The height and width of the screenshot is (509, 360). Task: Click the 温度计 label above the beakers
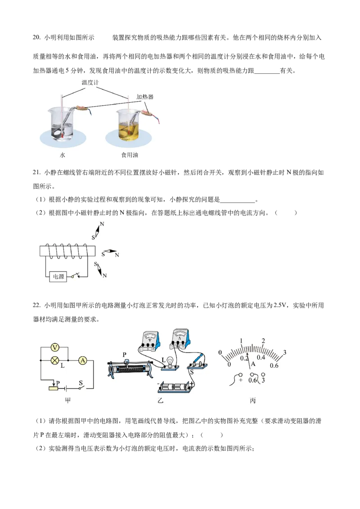point(90,82)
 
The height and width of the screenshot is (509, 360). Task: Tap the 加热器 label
point(145,97)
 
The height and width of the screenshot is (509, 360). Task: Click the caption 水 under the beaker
point(63,155)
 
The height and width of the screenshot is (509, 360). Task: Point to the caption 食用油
point(130,155)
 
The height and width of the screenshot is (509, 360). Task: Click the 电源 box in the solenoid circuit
point(58,277)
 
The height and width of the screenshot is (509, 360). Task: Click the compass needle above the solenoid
point(98,231)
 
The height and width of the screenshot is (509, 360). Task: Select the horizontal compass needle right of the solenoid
point(110,252)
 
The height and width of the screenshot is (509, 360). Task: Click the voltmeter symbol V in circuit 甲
point(55,348)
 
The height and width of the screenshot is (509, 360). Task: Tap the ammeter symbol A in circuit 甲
point(83,360)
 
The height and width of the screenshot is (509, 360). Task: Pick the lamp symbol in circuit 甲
point(55,360)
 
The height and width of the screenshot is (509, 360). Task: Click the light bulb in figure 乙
point(169,361)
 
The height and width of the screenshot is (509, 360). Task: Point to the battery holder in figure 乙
point(176,388)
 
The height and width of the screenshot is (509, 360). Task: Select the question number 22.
point(36,305)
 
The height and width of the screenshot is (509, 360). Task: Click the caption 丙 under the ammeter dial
point(253,401)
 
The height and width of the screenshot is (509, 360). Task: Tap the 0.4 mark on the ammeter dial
point(261,357)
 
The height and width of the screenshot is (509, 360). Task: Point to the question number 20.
point(36,37)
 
